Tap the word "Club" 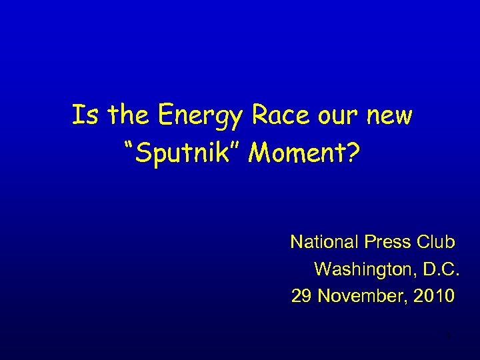(x=435, y=241)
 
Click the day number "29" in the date (x=302, y=295)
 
